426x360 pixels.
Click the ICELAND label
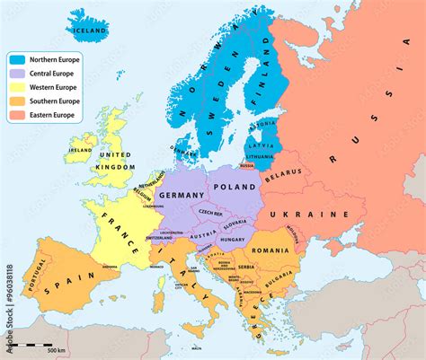coord(90,30)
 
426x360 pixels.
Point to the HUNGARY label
coord(233,241)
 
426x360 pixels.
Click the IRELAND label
coord(80,150)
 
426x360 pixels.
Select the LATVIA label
coord(261,145)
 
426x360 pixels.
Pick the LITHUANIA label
coord(259,157)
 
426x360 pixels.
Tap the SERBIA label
coord(245,268)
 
